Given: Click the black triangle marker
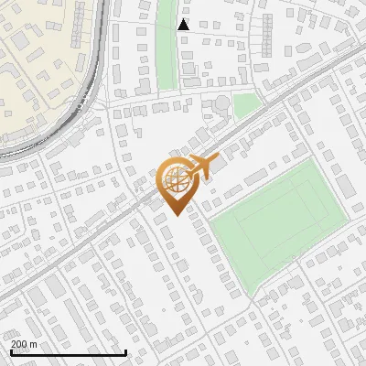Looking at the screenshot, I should pos(184,25).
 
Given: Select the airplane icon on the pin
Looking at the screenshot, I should pos(203,167).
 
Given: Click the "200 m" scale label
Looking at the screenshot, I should pos(24,343).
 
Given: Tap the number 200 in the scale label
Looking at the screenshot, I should pos(19,343).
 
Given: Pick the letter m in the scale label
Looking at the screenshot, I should pos(33,343).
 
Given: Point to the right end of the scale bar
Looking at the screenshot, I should pos(125,350).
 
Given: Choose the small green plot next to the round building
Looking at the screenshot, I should pos(245,105).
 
